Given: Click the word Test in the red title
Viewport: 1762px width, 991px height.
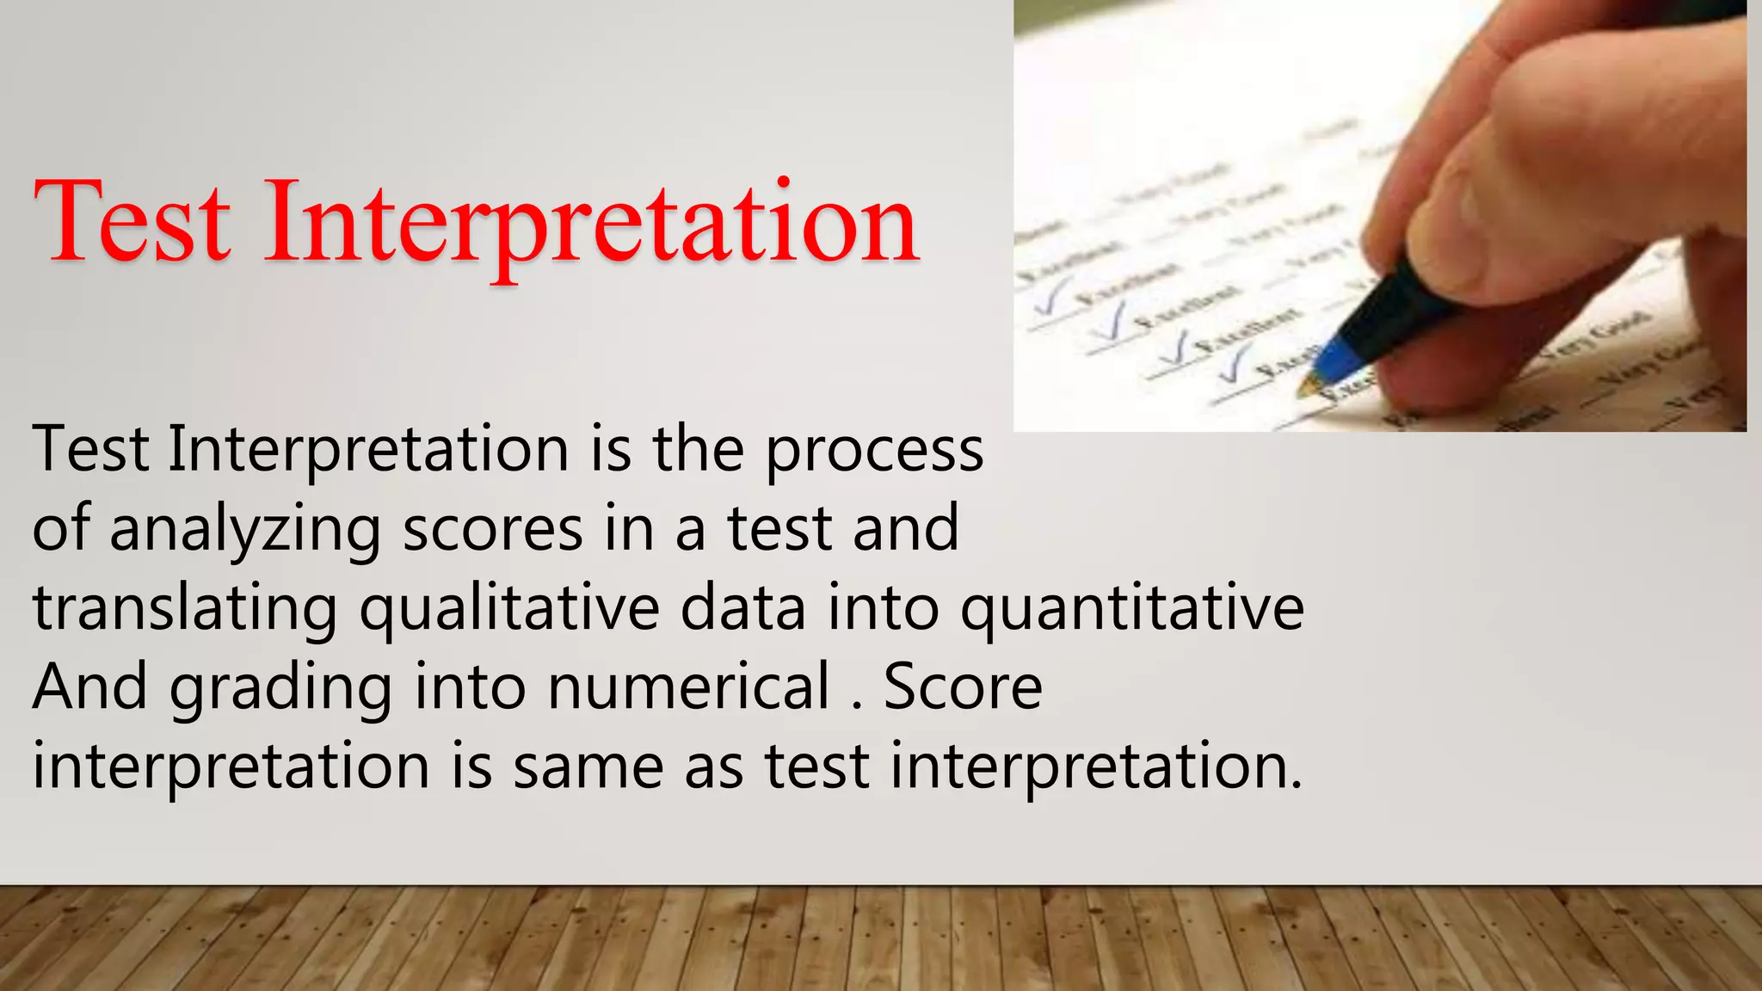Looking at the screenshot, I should click(132, 222).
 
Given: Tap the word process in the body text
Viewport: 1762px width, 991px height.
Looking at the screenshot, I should click(874, 451).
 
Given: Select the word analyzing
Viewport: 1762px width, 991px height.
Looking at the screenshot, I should click(245, 530).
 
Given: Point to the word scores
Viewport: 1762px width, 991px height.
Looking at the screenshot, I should click(492, 530).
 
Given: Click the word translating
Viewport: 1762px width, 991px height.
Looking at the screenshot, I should click(185, 609).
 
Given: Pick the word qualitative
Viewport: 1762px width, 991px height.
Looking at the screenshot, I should click(509, 609).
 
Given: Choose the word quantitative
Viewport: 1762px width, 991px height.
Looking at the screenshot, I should click(1131, 609).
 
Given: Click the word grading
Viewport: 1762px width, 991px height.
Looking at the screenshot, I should click(280, 688).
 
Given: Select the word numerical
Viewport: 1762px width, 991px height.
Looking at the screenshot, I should click(688, 688).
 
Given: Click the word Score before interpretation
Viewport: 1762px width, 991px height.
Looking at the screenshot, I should click(962, 688).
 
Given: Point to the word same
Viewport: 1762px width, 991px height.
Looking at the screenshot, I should click(588, 767).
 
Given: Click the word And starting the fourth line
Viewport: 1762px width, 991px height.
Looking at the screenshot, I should click(89, 688).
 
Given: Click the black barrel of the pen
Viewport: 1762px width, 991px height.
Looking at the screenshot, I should click(1411, 305).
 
